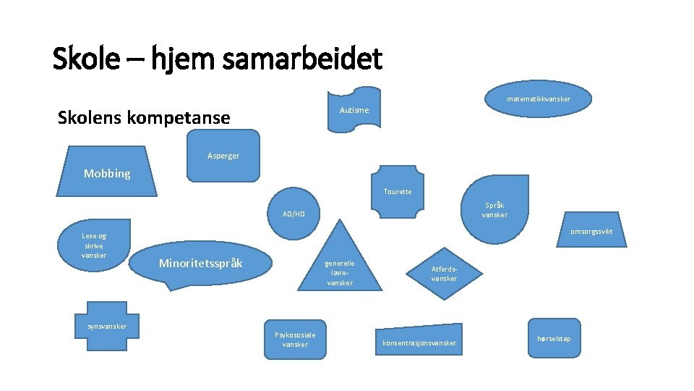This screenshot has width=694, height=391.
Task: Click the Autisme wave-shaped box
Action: coord(354,111)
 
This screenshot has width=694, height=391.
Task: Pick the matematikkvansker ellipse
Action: coord(538,99)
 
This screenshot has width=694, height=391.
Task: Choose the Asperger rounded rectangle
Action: coord(223,155)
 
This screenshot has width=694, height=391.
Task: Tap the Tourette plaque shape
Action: coord(398,192)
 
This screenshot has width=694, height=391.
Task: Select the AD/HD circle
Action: coord(294,214)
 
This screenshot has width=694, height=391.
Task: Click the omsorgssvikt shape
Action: coord(590,232)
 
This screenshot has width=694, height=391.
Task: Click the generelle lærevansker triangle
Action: coord(340,268)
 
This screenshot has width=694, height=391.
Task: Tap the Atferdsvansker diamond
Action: coord(444,273)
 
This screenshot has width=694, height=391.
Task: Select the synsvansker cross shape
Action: coord(107,327)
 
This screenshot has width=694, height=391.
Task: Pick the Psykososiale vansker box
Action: coord(295,338)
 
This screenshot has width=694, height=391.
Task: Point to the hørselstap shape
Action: coord(554,338)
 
